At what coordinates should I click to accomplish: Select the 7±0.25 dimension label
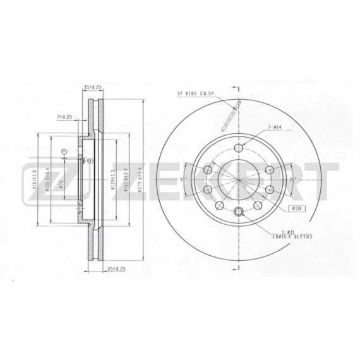tap(64, 116)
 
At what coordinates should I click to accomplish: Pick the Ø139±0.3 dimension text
tap(112, 179)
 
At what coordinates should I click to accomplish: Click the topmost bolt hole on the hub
tap(238, 148)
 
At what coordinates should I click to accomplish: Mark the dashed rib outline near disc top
tap(236, 111)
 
